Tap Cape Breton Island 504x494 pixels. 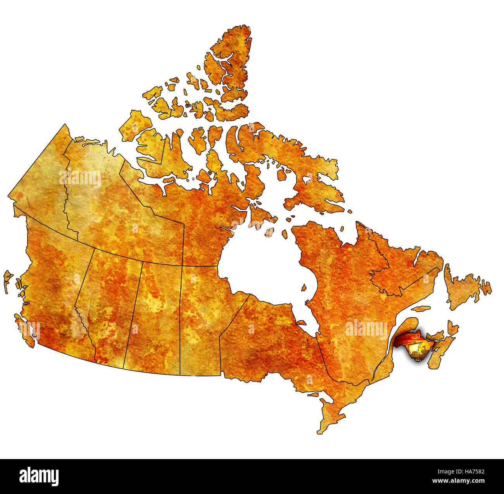[452, 328]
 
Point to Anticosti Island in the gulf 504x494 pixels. [421, 309]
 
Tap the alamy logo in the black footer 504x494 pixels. [39, 476]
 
